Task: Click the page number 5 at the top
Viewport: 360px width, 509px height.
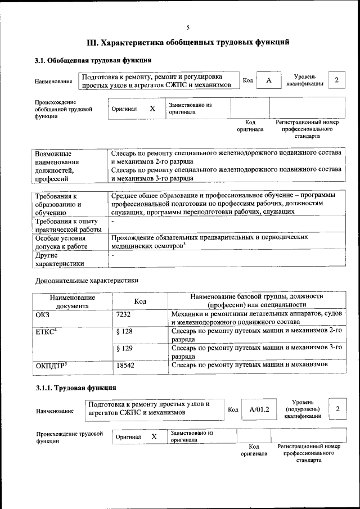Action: [x=188, y=28]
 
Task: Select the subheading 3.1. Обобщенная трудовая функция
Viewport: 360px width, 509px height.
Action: [x=93, y=60]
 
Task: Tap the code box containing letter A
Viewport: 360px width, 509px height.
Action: [x=269, y=80]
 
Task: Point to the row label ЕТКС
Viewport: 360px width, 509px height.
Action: [x=47, y=332]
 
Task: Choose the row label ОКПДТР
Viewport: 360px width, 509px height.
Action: [x=51, y=366]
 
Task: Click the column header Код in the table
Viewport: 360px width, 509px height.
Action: [x=140, y=301]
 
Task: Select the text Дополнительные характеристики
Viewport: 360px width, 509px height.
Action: [x=87, y=280]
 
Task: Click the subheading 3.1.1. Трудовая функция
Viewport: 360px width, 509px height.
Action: [x=76, y=388]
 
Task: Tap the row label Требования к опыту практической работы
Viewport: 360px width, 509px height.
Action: [x=67, y=225]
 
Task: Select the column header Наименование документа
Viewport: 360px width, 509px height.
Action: [x=71, y=301]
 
